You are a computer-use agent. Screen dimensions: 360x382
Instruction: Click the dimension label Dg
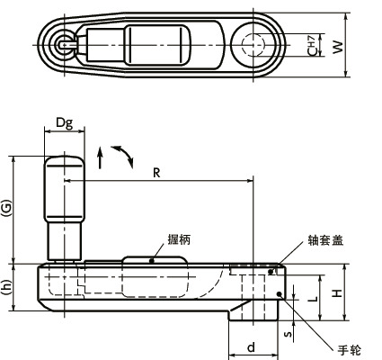click(64, 122)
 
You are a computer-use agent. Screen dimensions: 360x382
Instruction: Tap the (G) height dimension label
click(8, 209)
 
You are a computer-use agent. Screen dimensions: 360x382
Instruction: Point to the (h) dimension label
click(8, 288)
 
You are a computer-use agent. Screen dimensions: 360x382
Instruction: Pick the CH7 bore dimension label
click(311, 44)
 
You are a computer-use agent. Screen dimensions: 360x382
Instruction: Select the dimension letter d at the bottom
click(252, 346)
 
